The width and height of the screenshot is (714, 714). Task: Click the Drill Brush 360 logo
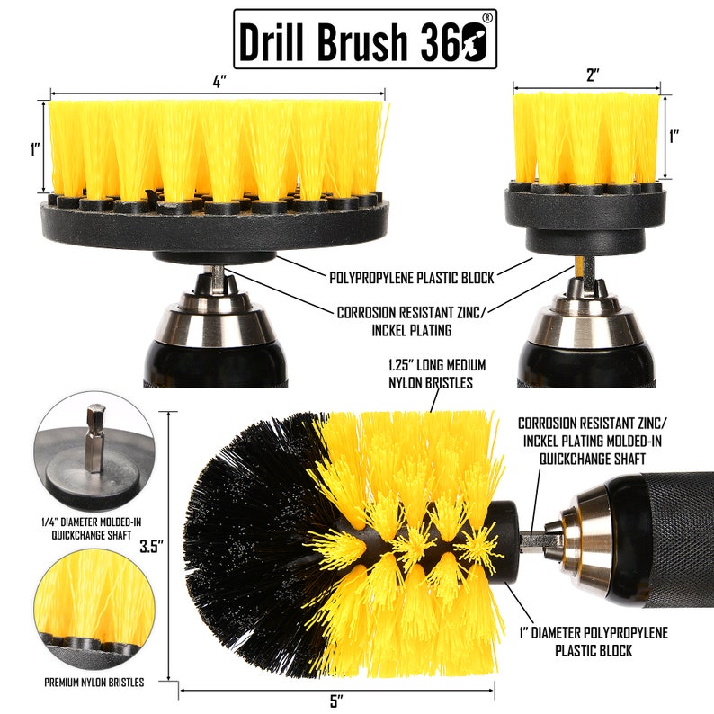364,39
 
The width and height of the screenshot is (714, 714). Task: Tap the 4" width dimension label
219,81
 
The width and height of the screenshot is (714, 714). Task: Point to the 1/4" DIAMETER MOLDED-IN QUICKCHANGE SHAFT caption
93,526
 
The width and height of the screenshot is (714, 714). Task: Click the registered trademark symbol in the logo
486,17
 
